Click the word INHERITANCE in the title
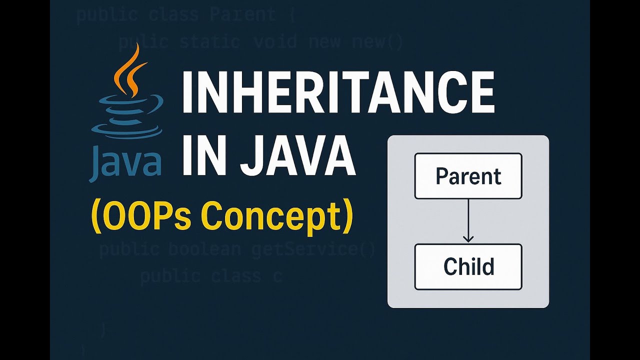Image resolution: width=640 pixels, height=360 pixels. [338, 93]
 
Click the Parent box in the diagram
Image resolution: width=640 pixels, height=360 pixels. [468, 176]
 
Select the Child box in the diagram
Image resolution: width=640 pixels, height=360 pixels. [468, 267]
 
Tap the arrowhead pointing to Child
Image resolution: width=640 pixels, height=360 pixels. [468, 238]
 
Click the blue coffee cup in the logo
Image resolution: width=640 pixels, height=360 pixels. [128, 112]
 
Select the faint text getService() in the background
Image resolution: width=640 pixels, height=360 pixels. [313, 249]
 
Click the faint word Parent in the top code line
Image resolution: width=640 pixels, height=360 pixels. [242, 14]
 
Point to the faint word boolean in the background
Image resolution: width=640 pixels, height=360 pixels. [205, 249]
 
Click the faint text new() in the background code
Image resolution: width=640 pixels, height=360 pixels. [377, 41]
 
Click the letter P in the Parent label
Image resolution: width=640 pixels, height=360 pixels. [442, 176]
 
